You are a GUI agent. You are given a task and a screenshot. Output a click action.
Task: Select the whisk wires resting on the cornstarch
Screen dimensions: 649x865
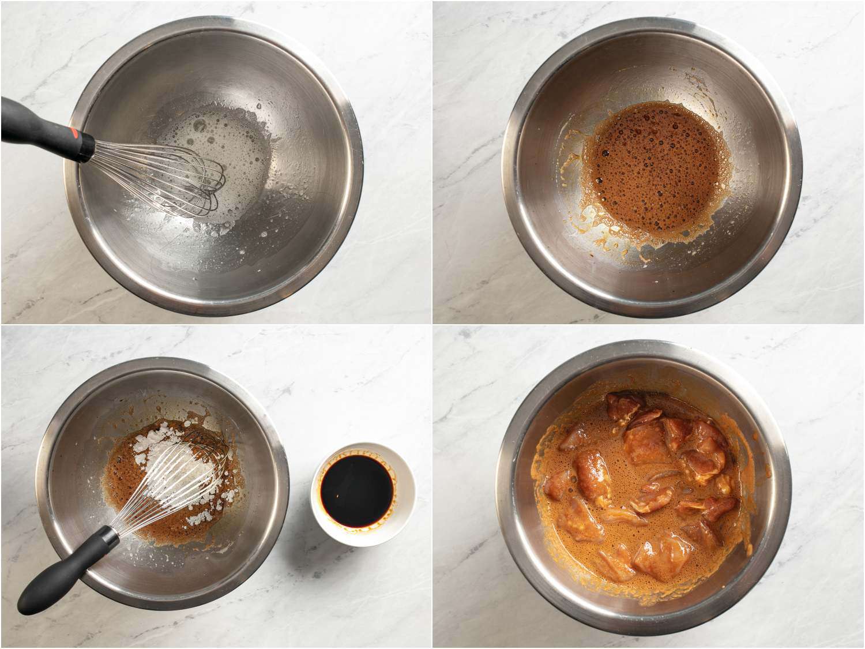tap(167, 490)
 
